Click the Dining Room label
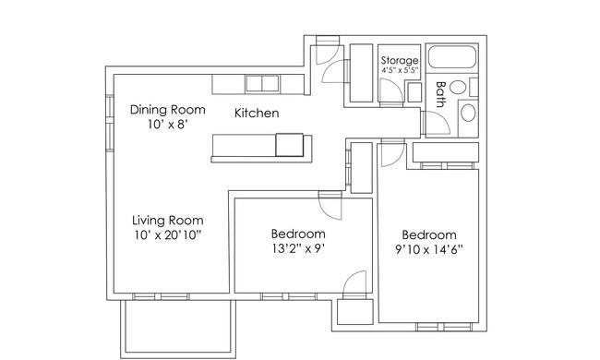pos(168,110)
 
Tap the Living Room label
pos(168,221)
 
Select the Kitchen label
pos(257,114)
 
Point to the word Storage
pos(400,60)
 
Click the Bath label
pos(441,94)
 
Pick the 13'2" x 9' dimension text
pos(298,249)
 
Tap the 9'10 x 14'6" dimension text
pos(428,250)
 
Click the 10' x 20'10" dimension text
pos(168,235)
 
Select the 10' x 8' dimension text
pos(167,125)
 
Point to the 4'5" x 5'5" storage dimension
pos(400,70)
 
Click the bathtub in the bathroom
pos(451,57)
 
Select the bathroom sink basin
pos(457,87)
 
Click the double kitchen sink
pos(262,83)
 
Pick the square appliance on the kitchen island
pos(290,145)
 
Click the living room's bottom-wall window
pos(161,296)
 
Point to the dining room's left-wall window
pos(110,123)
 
